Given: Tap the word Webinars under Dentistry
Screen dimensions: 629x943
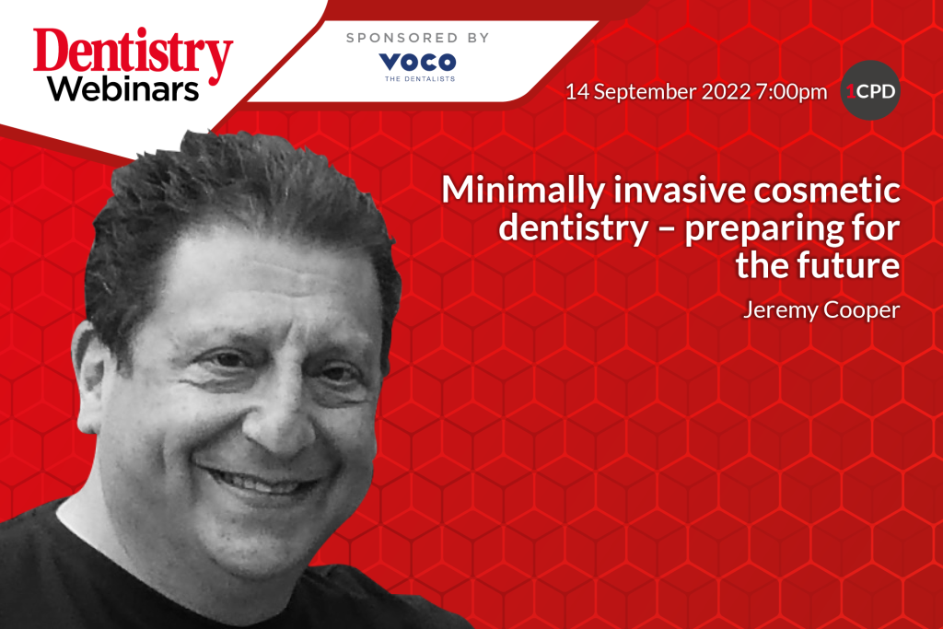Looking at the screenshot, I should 123,90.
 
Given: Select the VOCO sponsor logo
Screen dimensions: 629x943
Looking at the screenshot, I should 417,62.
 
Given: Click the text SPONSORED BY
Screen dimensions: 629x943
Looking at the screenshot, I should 417,38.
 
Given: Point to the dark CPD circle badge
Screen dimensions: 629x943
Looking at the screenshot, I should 870,91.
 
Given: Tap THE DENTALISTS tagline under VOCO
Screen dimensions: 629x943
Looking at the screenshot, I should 417,79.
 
